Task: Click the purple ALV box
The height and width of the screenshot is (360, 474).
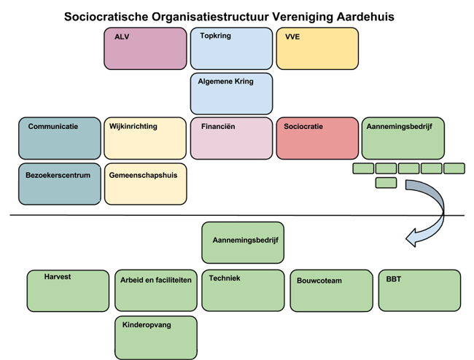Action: click(x=145, y=48)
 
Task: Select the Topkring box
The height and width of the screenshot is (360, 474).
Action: click(x=231, y=48)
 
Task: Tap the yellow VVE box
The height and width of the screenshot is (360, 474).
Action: click(x=317, y=48)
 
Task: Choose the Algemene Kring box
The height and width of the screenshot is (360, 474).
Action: click(x=231, y=93)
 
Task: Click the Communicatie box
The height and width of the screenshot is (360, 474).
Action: click(x=60, y=138)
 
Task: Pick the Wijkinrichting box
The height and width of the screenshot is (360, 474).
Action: click(x=145, y=138)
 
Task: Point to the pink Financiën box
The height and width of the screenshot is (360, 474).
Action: click(x=231, y=138)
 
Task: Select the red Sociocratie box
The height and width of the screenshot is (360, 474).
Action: click(x=317, y=138)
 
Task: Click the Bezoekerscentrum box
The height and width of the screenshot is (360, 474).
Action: click(x=60, y=184)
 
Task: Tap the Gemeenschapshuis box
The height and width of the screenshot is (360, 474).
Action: click(x=145, y=184)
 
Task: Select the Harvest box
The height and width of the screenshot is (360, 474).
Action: click(x=67, y=290)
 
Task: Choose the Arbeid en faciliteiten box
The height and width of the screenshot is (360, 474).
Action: click(x=155, y=290)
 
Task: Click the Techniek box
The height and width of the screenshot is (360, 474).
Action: click(x=243, y=290)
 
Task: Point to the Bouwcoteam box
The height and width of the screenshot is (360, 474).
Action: click(x=332, y=290)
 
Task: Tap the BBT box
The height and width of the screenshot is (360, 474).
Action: click(x=419, y=290)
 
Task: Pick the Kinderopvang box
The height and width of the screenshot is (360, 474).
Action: click(x=155, y=337)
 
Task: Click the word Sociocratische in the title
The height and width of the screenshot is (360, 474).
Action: click(x=110, y=16)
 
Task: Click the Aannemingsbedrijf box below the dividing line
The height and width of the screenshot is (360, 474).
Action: click(x=243, y=242)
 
